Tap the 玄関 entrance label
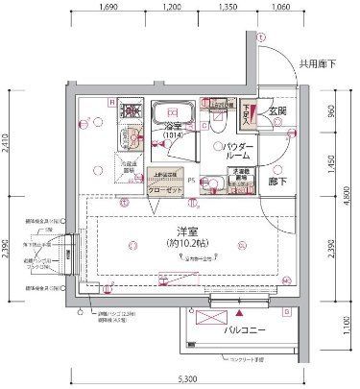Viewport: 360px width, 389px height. [x=276, y=111]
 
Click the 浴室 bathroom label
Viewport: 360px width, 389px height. [x=174, y=129]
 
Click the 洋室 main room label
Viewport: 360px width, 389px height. [x=177, y=232]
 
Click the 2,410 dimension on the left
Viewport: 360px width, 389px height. [x=8, y=145]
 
